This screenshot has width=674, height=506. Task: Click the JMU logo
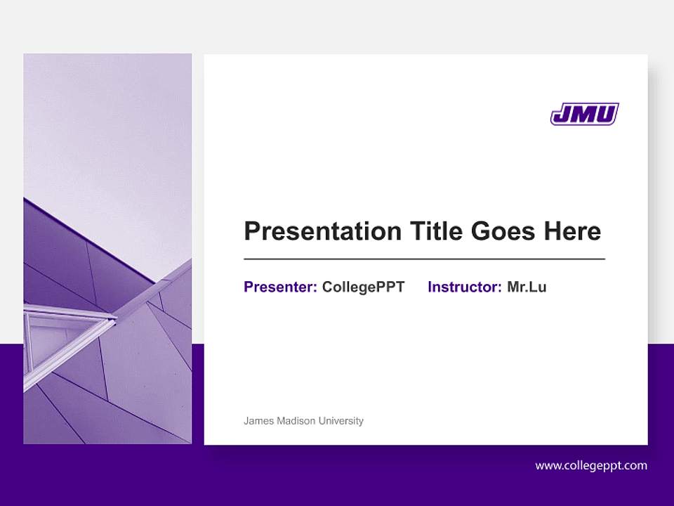(x=584, y=114)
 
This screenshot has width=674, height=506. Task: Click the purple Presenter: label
(x=280, y=287)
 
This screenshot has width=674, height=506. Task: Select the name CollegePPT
(x=363, y=287)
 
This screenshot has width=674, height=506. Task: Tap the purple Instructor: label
(x=464, y=287)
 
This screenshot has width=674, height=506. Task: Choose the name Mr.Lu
(x=527, y=287)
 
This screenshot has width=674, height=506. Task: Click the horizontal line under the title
(x=424, y=259)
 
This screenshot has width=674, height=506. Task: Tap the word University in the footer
(x=341, y=421)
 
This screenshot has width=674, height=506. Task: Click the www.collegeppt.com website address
(x=591, y=465)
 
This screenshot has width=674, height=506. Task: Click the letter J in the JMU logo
(x=562, y=114)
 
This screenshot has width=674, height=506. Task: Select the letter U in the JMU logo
(x=606, y=114)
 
